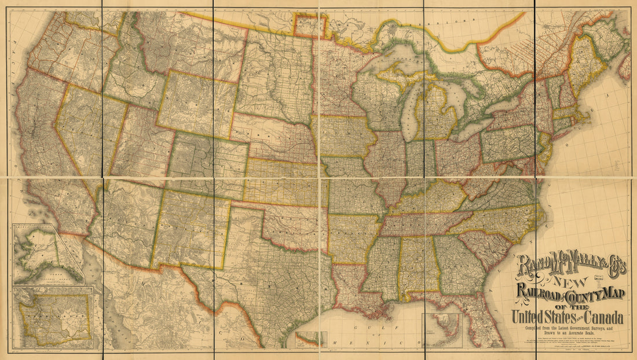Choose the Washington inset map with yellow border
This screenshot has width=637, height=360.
click(x=54, y=317)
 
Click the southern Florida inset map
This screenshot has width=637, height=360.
click(x=442, y=330)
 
